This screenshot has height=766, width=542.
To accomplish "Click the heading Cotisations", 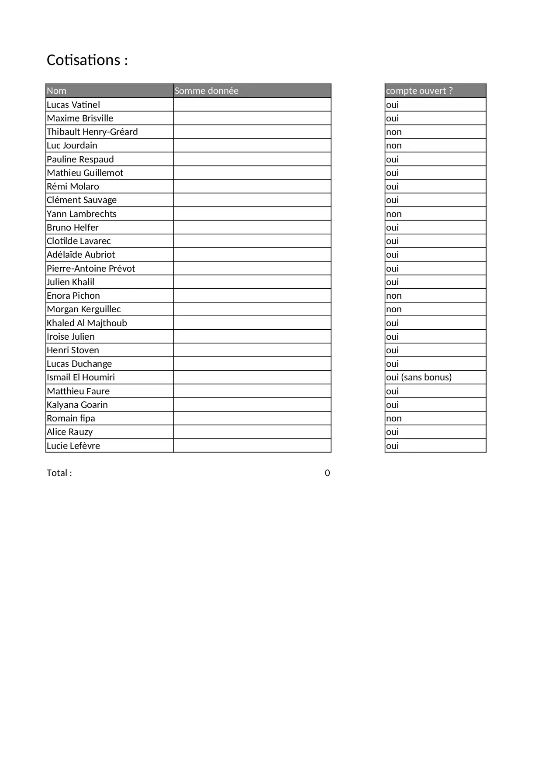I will [87, 60].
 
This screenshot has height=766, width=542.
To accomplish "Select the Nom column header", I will [57, 91].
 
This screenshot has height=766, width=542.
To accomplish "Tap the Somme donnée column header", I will [207, 91].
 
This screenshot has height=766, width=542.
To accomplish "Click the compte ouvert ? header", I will [419, 91].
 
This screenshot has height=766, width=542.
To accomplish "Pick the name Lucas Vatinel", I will [73, 105].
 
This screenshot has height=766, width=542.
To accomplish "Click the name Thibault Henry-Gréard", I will [92, 132].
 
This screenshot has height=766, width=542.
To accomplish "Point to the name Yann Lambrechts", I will [82, 214].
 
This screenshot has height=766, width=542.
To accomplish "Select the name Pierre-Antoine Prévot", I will [91, 269].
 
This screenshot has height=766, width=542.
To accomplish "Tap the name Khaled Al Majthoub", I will [87, 323].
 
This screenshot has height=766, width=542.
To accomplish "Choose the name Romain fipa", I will [71, 418].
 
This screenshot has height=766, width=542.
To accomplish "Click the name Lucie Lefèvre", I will [73, 446].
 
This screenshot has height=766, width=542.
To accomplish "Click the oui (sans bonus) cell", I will [419, 377].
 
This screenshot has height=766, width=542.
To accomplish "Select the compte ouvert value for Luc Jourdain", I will [394, 145].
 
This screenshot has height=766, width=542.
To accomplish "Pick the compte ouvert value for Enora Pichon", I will [394, 296].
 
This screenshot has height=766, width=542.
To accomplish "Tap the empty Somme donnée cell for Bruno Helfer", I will [252, 228].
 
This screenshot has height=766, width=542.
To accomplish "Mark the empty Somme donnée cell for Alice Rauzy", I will [252, 432].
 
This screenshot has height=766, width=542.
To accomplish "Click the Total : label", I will [59, 473].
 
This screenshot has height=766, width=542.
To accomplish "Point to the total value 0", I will [328, 473].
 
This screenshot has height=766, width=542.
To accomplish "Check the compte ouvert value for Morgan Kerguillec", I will [394, 309].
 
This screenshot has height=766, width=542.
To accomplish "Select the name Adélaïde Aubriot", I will [81, 255].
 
